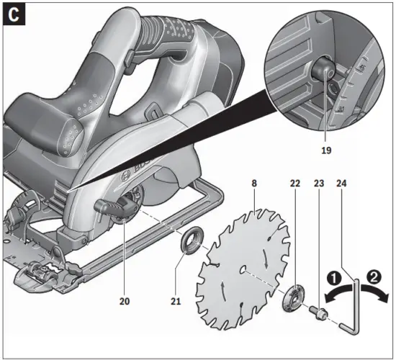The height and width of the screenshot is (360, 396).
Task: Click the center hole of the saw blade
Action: [245, 271]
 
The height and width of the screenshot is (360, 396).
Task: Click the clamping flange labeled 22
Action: [294, 297]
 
